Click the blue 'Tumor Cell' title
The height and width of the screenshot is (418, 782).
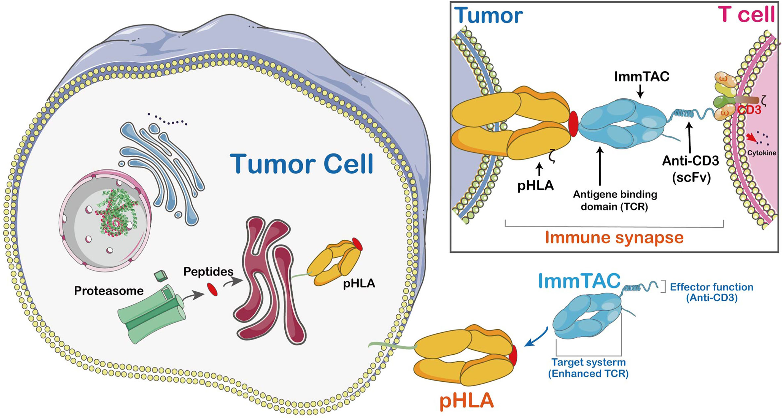tap(302, 164)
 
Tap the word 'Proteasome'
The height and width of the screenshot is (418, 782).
tap(109, 291)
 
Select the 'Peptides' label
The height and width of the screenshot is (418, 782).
tap(208, 271)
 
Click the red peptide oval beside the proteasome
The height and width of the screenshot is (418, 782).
tap(213, 289)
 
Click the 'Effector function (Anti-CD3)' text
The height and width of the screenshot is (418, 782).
tap(711, 292)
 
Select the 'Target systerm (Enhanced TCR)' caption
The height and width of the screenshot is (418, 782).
tap(588, 368)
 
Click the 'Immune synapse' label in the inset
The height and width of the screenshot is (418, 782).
tap(614, 237)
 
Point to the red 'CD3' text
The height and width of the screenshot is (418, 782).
tap(749, 110)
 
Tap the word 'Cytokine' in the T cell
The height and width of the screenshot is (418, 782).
tap(761, 153)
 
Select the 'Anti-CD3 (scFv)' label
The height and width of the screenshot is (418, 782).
tap(691, 169)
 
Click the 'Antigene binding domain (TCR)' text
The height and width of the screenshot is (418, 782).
tap(615, 200)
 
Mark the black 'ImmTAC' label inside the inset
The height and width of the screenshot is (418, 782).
tap(641, 77)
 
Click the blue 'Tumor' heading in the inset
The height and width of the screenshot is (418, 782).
tap(488, 16)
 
